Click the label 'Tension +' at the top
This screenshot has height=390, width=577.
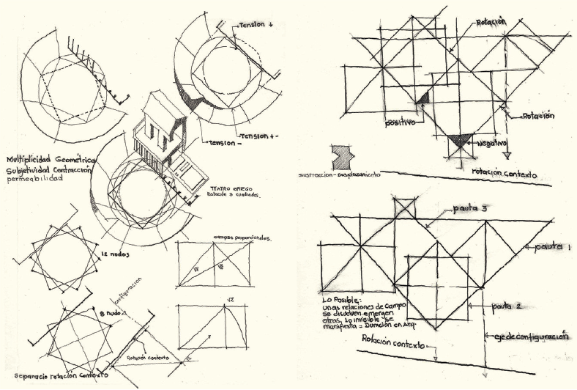pos(256,24)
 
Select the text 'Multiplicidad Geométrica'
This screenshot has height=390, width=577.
pos(51,159)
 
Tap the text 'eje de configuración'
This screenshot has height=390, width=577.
pos(529,336)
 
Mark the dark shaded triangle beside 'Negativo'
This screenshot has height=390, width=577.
pos(460,141)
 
